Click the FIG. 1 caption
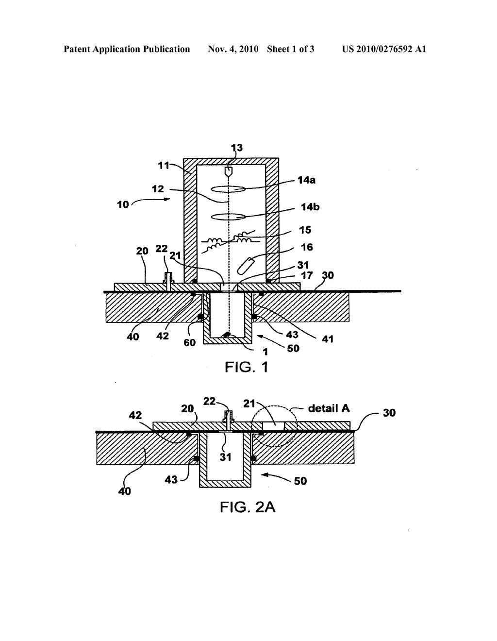(x=247, y=367)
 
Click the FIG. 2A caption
(x=248, y=507)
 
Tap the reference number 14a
(x=306, y=180)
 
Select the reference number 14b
(x=310, y=207)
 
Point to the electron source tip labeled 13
(x=228, y=171)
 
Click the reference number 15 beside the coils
(x=305, y=230)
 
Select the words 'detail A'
(x=329, y=408)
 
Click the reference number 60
(x=190, y=342)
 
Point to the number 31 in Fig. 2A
(x=226, y=457)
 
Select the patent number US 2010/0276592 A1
(x=384, y=49)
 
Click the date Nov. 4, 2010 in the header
(x=233, y=49)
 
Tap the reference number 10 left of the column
(x=123, y=204)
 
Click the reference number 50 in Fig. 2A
(x=301, y=481)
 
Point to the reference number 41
(x=328, y=339)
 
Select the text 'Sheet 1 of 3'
(x=291, y=49)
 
